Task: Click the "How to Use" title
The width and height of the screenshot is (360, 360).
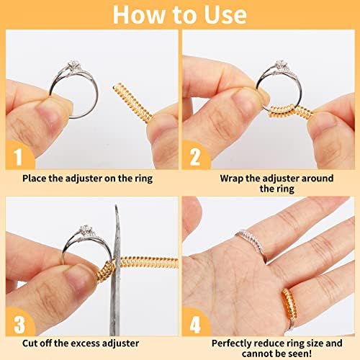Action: coord(179,14)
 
